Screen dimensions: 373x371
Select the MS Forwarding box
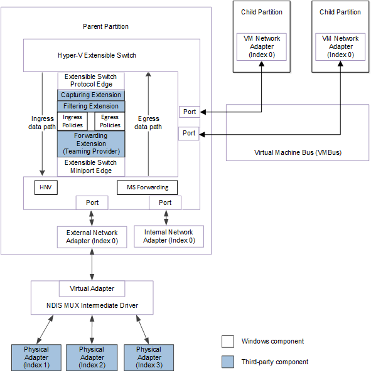tap(147, 187)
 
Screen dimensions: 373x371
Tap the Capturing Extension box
tap(91, 95)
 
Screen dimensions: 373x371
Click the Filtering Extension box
tap(91, 107)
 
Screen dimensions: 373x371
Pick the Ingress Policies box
tap(72, 121)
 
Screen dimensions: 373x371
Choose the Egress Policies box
tap(110, 121)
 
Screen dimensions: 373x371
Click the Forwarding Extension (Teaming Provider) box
tap(91, 144)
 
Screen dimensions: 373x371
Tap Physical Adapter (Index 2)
tap(92, 357)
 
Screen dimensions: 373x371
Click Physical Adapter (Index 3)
tap(149, 357)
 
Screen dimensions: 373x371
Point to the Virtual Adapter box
tap(92, 289)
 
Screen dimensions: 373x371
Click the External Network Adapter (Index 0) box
tap(92, 236)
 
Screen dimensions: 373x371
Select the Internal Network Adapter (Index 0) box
tap(169, 236)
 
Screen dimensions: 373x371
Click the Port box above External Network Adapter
tap(92, 202)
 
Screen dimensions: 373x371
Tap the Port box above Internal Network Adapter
tap(165, 202)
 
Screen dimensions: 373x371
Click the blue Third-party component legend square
tap(228, 362)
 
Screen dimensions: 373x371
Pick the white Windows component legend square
tap(228, 342)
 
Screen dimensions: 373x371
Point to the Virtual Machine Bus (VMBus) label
tap(298, 152)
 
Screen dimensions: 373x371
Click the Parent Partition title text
tap(105, 26)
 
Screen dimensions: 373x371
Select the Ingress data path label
tap(43, 122)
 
